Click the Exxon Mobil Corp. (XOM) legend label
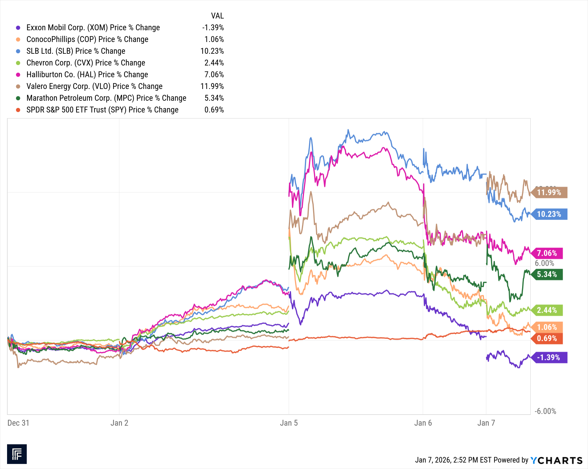[93, 28]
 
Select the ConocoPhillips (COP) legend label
[87, 39]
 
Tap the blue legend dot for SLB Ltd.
[18, 51]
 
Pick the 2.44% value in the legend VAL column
[214, 63]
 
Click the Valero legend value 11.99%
[212, 86]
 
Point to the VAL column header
[217, 16]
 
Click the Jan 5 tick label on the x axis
[289, 423]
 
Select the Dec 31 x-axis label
[18, 423]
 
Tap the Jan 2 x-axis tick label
[119, 423]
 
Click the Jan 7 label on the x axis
[486, 423]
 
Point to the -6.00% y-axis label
[545, 411]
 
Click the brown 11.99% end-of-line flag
[549, 193]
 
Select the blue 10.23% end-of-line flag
[549, 214]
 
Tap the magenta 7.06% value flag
[547, 253]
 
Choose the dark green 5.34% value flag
[547, 275]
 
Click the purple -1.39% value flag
[549, 357]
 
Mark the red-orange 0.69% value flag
[547, 339]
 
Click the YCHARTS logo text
[557, 460]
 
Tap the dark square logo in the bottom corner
[17, 454]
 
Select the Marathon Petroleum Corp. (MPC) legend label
[106, 98]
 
